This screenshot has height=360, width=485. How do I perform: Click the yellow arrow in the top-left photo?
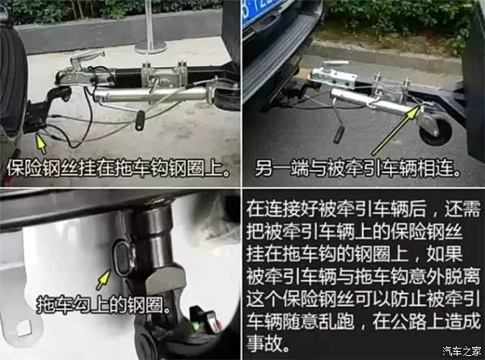[40, 142]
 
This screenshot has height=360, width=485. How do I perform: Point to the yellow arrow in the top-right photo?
[396, 130]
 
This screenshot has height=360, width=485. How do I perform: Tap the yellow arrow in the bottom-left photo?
[103, 279]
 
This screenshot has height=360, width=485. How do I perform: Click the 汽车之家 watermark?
[462, 351]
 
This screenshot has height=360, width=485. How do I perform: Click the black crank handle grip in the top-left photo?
[140, 120]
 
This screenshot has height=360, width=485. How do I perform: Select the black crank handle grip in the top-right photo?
[339, 134]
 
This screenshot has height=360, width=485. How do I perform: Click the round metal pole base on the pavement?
[152, 48]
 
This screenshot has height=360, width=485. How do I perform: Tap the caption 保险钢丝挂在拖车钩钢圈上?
[118, 168]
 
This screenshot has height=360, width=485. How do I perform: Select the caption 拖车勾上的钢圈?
[103, 304]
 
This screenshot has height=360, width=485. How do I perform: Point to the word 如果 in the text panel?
[445, 254]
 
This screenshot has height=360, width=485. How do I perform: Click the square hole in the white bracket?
[23, 328]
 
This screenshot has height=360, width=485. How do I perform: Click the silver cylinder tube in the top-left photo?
[151, 94]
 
